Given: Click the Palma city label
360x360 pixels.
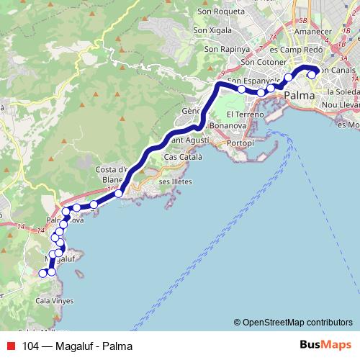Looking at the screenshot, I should (300, 95).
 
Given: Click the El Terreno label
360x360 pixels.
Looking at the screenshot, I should (240, 114).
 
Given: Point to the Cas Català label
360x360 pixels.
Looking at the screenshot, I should (184, 156).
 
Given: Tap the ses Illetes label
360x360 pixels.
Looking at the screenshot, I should (175, 182).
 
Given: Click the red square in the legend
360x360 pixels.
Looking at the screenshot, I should (10, 346).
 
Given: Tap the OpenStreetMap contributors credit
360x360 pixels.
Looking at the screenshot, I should (293, 322).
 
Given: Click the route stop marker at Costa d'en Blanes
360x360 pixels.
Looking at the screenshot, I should (119, 193).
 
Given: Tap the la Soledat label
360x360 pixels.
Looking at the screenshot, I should (342, 92).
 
